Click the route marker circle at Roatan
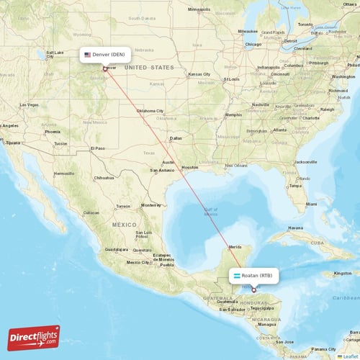(253, 290)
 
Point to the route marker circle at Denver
(105, 69)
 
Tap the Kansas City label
(199, 74)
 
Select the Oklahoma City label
(150, 111)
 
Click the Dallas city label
(176, 138)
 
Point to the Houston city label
(189, 167)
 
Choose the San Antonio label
(163, 171)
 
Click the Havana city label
(297, 228)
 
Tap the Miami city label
(311, 204)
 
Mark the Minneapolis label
(199, 9)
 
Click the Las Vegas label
(30, 105)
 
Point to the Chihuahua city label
(104, 177)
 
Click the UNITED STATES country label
(149, 67)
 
